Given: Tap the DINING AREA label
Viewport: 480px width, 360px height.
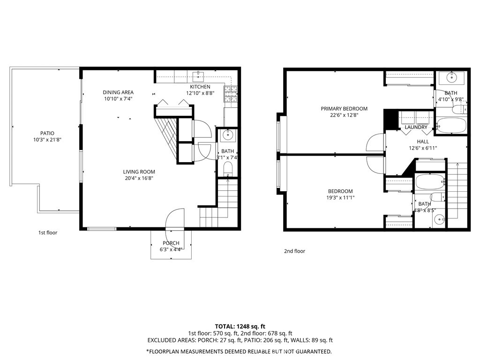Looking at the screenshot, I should pyautogui.click(x=119, y=92).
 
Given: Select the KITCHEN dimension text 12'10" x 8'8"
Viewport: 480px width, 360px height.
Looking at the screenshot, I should pyautogui.click(x=200, y=93).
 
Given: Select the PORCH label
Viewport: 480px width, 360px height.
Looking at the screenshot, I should pyautogui.click(x=171, y=243).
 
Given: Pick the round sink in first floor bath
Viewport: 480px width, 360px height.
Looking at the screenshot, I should pyautogui.click(x=228, y=135).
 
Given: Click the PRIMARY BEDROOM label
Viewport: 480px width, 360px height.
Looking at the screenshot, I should pyautogui.click(x=344, y=109).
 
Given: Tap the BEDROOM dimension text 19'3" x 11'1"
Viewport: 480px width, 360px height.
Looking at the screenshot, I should pyautogui.click(x=340, y=198).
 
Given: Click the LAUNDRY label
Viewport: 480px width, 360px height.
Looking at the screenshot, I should pyautogui.click(x=416, y=127).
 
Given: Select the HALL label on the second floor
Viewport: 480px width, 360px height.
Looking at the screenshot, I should pyautogui.click(x=423, y=141).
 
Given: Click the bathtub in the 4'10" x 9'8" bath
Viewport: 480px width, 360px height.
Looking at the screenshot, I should pyautogui.click(x=451, y=126).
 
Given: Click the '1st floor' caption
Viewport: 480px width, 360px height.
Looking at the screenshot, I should pyautogui.click(x=48, y=232).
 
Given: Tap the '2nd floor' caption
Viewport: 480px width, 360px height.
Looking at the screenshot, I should pyautogui.click(x=294, y=251).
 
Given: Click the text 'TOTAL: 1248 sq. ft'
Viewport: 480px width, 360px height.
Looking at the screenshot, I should pyautogui.click(x=240, y=326).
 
